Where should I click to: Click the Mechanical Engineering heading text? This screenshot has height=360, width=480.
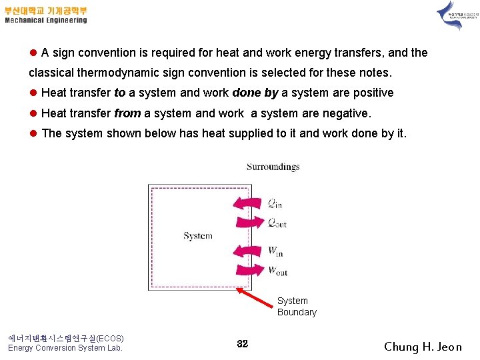[46, 20]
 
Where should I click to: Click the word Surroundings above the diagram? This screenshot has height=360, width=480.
[273, 167]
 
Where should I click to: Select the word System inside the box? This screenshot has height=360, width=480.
[198, 235]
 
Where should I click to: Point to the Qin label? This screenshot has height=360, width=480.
[275, 203]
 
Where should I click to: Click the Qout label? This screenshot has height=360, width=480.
[277, 222]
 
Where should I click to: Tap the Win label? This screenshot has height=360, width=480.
[275, 251]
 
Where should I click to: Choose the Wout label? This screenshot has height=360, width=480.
[277, 271]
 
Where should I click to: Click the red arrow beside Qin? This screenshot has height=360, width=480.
[249, 203]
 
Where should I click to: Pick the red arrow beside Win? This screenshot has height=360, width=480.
[249, 251]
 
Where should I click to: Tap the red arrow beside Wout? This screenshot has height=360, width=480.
[249, 270]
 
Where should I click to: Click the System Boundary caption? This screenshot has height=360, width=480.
[297, 307]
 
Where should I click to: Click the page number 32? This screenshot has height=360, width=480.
[242, 343]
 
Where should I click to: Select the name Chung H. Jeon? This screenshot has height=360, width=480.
[423, 346]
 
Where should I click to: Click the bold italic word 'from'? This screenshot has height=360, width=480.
[127, 113]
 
